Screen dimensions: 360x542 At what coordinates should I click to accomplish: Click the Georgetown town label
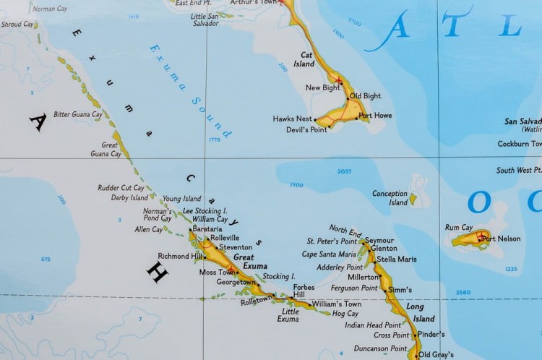click(x=236, y=283)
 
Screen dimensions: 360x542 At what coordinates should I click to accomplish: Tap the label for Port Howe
click(x=375, y=116)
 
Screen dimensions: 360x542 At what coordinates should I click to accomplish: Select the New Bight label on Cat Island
click(x=322, y=87)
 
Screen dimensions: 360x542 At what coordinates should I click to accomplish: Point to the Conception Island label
click(x=390, y=198)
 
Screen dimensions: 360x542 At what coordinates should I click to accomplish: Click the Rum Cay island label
click(x=459, y=228)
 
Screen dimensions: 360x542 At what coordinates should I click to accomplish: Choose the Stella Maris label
click(x=396, y=259)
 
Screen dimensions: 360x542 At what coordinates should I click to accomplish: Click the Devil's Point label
click(x=306, y=130)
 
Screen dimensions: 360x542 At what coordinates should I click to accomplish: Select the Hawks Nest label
click(x=293, y=119)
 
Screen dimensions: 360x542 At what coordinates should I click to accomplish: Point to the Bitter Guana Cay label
click(x=77, y=114)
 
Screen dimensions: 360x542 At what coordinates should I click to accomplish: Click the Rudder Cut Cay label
click(x=121, y=188)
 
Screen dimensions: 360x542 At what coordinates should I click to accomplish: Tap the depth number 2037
click(x=344, y=171)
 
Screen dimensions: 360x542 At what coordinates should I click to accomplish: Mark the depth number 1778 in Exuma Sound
click(x=214, y=140)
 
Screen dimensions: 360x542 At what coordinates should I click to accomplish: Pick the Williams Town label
click(x=336, y=304)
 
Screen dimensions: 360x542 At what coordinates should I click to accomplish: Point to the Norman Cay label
click(x=49, y=9)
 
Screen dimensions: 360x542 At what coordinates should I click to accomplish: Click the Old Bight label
click(x=365, y=96)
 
